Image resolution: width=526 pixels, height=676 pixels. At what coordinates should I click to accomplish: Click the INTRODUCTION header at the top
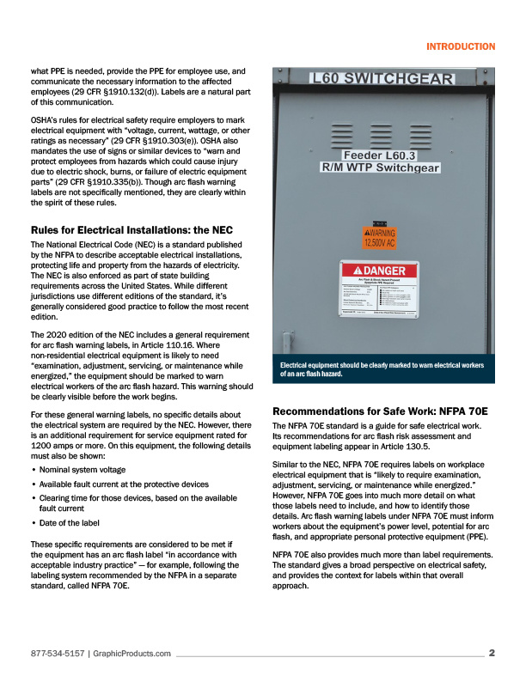click(x=460, y=46)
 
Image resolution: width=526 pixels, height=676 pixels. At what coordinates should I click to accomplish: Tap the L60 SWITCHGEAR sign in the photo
click(x=381, y=79)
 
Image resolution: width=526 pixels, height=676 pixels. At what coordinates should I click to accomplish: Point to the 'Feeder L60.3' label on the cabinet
click(x=379, y=155)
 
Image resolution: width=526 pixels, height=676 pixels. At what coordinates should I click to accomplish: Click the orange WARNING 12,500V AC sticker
click(x=379, y=237)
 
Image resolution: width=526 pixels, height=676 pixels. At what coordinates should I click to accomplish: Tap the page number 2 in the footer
click(x=492, y=653)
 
